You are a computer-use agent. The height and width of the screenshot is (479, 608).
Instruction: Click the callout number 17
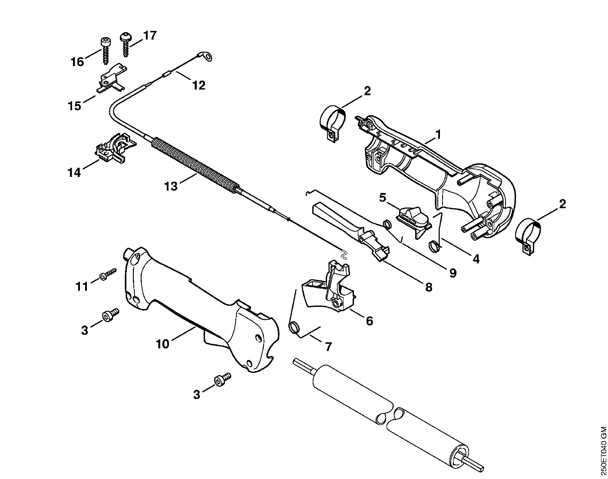tap(150, 36)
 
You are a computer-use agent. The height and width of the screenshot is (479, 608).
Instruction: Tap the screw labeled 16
tap(106, 51)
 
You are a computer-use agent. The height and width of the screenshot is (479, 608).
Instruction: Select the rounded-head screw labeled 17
tap(125, 45)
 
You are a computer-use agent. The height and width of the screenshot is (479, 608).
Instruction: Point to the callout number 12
tap(198, 85)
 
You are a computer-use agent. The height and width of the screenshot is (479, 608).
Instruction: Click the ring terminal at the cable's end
tap(208, 56)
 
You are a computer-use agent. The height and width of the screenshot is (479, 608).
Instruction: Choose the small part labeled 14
tap(115, 149)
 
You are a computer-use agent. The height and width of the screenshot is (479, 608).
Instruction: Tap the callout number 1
tap(438, 135)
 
